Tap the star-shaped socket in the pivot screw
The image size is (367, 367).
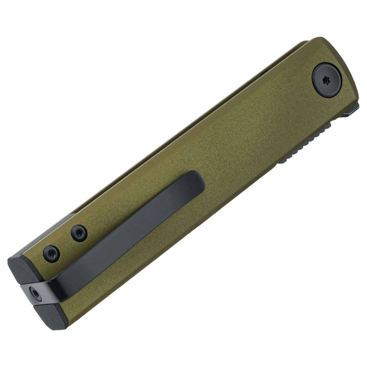[x=326, y=79]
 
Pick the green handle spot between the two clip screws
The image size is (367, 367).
[x=65, y=243]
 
